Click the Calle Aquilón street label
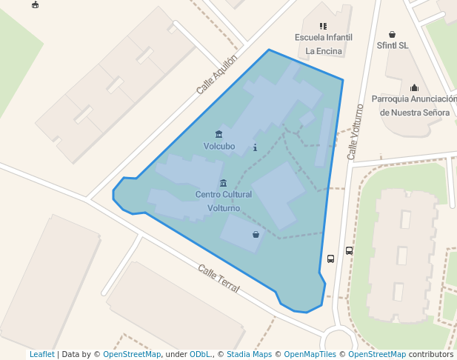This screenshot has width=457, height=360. tap(217, 74)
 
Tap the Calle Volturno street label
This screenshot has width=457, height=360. tap(356, 132)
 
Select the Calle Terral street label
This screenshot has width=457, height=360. tap(219, 278)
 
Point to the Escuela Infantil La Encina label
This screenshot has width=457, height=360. tap(324, 44)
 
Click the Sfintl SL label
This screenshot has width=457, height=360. tap(393, 45)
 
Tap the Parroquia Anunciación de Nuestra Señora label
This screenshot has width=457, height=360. tap(414, 105)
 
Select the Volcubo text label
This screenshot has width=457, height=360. tap(219, 146)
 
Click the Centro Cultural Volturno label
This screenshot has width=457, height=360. tap(224, 201)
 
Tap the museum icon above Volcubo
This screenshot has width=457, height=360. tap(219, 134)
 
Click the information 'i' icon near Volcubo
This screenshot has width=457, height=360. tap(255, 147)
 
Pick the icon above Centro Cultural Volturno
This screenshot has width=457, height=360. tap(224, 183)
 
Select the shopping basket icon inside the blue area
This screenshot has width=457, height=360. tap(256, 234)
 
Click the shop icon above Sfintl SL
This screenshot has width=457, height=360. tap(392, 34)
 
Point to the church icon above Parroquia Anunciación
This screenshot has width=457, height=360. tap(414, 87)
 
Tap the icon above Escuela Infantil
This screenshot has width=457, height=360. tap(323, 26)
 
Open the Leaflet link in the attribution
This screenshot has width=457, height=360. tap(42, 354)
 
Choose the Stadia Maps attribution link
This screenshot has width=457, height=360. tap(249, 354)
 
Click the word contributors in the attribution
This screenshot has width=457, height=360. tap(431, 354)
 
